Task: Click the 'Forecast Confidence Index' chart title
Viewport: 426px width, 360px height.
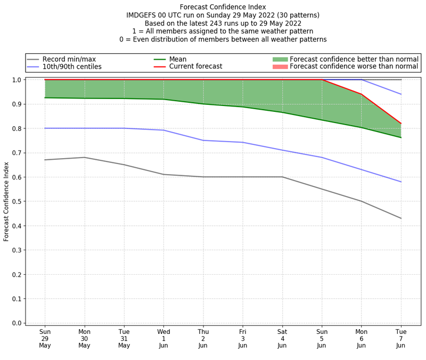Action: (x=223, y=7)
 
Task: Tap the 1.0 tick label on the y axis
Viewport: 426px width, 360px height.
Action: (x=16, y=80)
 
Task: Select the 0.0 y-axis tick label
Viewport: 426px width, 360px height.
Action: (x=16, y=323)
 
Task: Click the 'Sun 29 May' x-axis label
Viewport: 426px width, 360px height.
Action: (x=45, y=338)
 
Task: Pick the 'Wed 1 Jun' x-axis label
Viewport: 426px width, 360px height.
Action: (x=163, y=338)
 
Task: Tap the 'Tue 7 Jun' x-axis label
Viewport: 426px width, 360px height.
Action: (x=401, y=338)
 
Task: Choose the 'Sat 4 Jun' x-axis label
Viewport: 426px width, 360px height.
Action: (x=282, y=338)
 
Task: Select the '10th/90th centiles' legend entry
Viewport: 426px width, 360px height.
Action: (x=72, y=67)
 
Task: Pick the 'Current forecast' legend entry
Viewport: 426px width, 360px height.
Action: (x=195, y=67)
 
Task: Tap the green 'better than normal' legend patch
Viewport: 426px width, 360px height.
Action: (x=280, y=59)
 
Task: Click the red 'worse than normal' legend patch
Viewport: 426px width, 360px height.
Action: (x=280, y=67)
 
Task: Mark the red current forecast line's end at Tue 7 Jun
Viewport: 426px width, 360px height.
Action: (x=401, y=124)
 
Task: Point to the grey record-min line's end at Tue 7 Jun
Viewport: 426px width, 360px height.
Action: (x=401, y=218)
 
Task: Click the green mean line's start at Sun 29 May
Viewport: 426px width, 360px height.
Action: (x=45, y=97)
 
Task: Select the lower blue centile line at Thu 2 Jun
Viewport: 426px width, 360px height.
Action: (x=203, y=140)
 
